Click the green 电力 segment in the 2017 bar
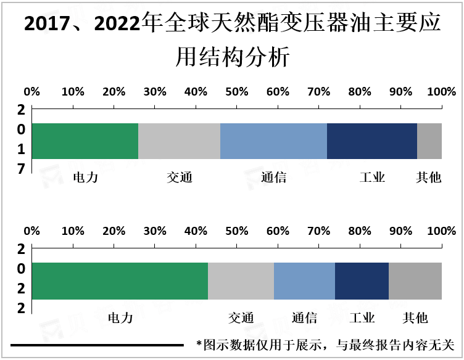(85, 141)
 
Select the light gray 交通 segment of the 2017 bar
(179, 141)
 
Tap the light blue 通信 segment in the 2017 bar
(273, 141)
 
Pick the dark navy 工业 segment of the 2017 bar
(372, 141)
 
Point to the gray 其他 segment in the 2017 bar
(429, 141)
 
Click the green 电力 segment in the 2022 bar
(120, 281)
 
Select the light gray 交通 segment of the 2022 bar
(241, 281)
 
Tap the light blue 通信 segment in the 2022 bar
(304, 281)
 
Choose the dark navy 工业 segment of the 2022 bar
(362, 281)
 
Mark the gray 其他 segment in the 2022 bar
(415, 281)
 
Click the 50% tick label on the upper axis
(237, 92)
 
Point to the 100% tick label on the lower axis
(441, 231)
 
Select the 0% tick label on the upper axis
(31, 92)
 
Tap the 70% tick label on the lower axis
(318, 231)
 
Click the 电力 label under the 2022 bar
(120, 318)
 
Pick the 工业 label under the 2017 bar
(373, 178)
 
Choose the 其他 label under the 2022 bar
(415, 318)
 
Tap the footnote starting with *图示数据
(325, 345)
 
